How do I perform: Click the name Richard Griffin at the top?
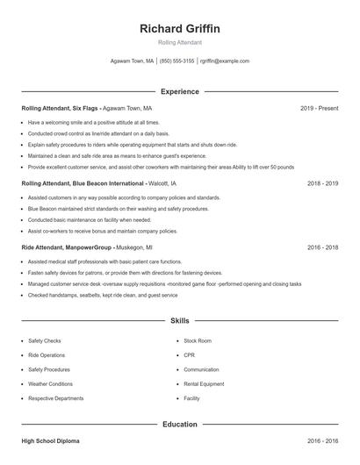(x=180, y=28)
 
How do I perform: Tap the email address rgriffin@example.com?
(x=225, y=61)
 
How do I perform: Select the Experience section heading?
(x=180, y=91)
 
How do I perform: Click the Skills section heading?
(x=180, y=322)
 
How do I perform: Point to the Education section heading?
(x=180, y=425)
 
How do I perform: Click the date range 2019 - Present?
(x=319, y=108)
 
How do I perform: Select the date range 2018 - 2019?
(x=322, y=184)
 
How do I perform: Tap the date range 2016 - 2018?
(x=322, y=248)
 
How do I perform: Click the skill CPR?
(x=189, y=354)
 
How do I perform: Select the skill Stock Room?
(x=198, y=340)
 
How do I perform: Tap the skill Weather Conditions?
(x=50, y=383)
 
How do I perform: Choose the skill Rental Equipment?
(x=204, y=383)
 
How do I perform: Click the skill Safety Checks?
(x=45, y=340)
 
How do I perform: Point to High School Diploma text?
(x=53, y=440)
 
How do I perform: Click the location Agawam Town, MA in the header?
(x=133, y=61)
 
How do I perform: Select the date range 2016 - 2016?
(x=322, y=440)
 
